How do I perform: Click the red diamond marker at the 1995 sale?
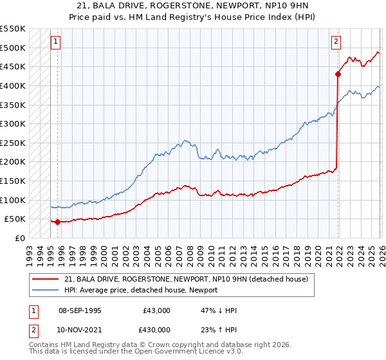[x=58, y=222]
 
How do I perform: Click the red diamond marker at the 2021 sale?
[x=338, y=74]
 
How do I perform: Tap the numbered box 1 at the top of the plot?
[x=56, y=42]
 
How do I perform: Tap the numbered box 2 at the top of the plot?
[x=336, y=42]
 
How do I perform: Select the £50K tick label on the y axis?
[x=15, y=219]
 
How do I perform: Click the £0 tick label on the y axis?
[x=20, y=238]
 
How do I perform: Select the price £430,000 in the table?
[x=156, y=330]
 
